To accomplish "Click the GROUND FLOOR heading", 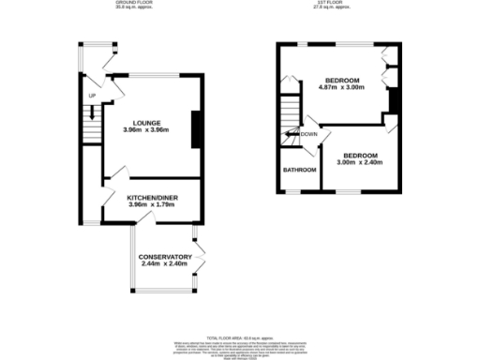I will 133,4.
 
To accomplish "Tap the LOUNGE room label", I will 147,123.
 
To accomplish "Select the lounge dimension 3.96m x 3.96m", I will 147,131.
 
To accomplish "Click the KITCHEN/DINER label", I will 152,198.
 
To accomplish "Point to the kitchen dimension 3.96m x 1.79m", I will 152,206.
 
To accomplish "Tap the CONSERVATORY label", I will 165,257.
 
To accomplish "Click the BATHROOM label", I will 300,170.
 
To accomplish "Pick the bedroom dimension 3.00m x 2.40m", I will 360,162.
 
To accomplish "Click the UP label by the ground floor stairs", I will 93,97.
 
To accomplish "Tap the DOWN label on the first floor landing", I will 309,134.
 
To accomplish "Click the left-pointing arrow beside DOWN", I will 293,134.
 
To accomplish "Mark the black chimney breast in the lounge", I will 195,129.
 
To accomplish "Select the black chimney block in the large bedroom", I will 395,100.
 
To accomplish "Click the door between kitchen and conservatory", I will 147,219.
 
